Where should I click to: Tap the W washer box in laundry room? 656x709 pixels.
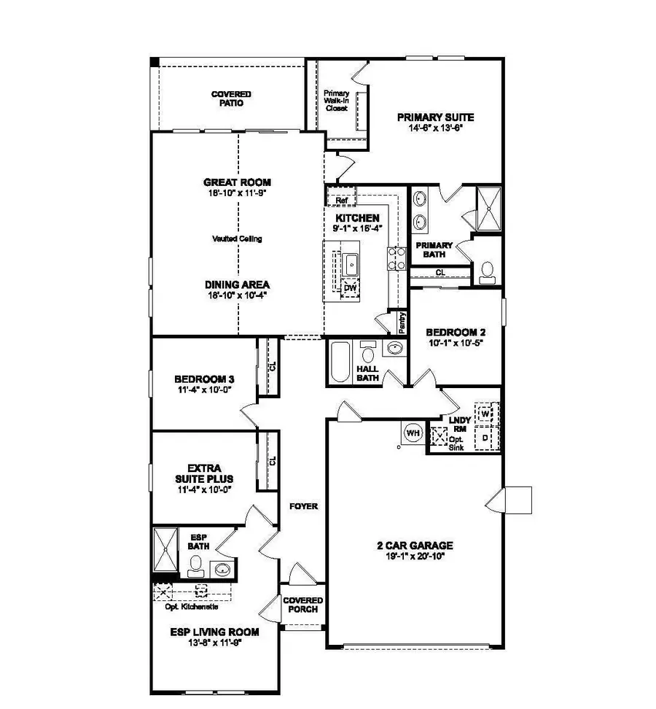(485, 414)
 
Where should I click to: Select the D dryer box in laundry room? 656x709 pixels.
(485, 438)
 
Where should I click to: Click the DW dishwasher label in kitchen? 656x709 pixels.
(351, 289)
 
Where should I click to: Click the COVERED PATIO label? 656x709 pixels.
(231, 99)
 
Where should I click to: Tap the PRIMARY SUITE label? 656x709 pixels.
(435, 117)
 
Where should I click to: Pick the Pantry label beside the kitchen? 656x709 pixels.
(402, 321)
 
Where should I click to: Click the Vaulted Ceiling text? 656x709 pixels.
(237, 239)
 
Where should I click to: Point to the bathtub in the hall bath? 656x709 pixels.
(340, 362)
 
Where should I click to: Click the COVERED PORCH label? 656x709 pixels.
(303, 605)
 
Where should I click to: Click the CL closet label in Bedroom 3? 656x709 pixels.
(273, 367)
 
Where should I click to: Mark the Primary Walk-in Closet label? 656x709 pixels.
(337, 100)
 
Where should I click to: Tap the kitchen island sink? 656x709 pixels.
(352, 263)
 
